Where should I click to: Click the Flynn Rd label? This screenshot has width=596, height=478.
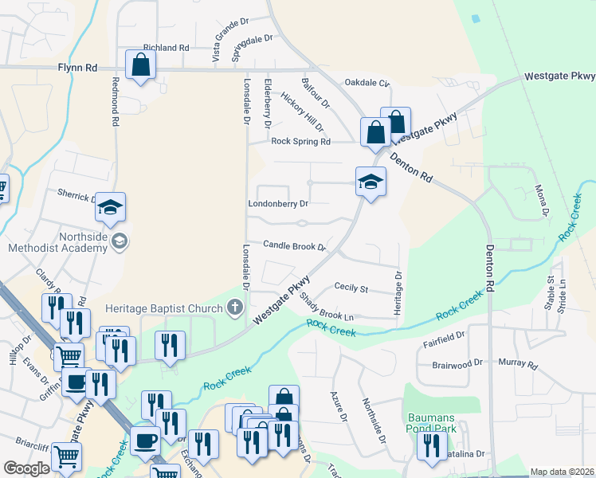click(77, 69)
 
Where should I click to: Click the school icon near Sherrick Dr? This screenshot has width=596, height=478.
click(110, 208)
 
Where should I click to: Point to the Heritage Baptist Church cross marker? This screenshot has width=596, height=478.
click(234, 307)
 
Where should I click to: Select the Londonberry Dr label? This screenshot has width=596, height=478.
click(278, 204)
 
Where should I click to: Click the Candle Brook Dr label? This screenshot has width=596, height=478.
click(296, 246)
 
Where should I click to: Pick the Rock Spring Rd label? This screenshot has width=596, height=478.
click(300, 142)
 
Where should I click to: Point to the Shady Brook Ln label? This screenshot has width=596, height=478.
click(326, 306)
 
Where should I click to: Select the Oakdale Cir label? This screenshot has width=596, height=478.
click(367, 83)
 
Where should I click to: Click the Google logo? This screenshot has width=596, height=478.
click(27, 468)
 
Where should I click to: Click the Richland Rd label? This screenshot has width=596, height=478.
click(166, 48)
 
